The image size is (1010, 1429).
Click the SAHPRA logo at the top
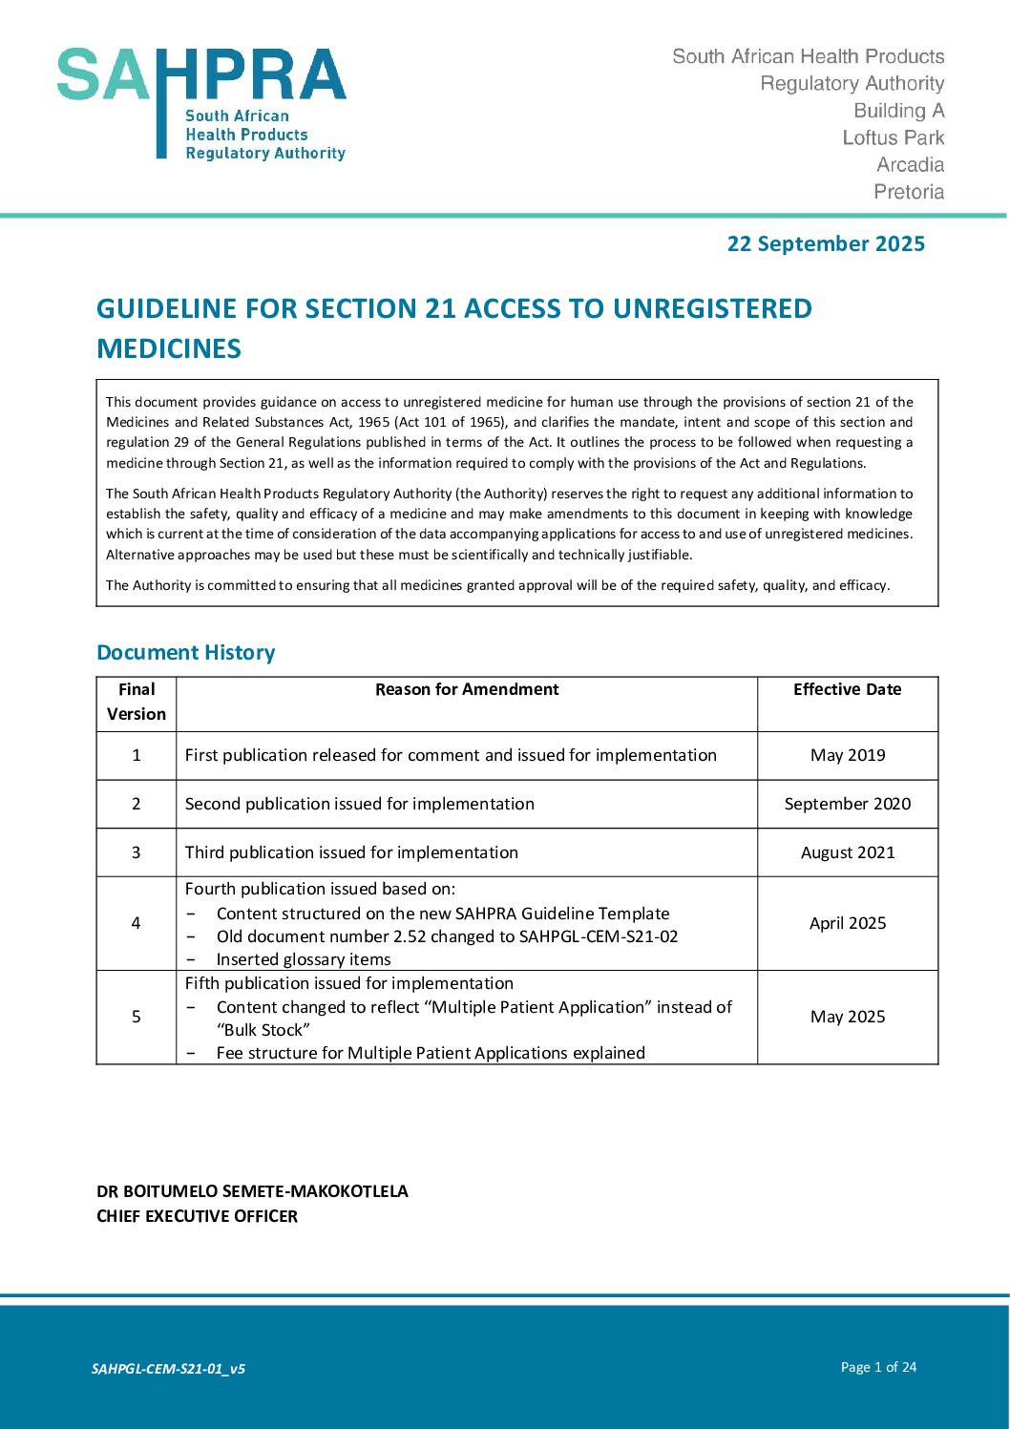pyautogui.click(x=201, y=103)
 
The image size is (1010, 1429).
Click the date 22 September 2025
pyautogui.click(x=826, y=243)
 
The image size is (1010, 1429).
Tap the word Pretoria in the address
pyautogui.click(x=909, y=192)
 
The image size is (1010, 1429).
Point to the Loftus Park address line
pyautogui.click(x=893, y=137)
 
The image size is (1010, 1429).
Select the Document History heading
pyautogui.click(x=186, y=653)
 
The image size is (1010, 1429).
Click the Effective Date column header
pyautogui.click(x=847, y=689)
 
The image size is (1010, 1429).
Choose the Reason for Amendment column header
pyautogui.click(x=467, y=689)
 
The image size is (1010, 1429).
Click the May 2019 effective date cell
pyautogui.click(x=848, y=755)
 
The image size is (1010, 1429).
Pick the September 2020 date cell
pyautogui.click(x=848, y=804)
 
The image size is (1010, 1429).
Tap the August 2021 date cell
pyautogui.click(x=848, y=852)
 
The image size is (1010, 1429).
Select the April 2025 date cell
pyautogui.click(x=848, y=923)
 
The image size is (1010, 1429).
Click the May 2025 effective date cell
pyautogui.click(x=848, y=1017)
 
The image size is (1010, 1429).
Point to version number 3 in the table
pyautogui.click(x=136, y=852)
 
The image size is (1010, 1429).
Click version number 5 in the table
pyautogui.click(x=136, y=1017)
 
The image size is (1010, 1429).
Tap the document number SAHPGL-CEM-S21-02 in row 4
pyautogui.click(x=599, y=936)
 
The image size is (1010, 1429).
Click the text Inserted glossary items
pyautogui.click(x=304, y=959)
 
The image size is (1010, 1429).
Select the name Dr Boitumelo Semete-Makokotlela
pyautogui.click(x=252, y=1191)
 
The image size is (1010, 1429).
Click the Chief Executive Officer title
pyautogui.click(x=197, y=1216)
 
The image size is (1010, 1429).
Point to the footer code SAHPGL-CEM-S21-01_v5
pyautogui.click(x=168, y=1369)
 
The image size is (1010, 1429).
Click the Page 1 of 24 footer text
pyautogui.click(x=878, y=1367)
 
